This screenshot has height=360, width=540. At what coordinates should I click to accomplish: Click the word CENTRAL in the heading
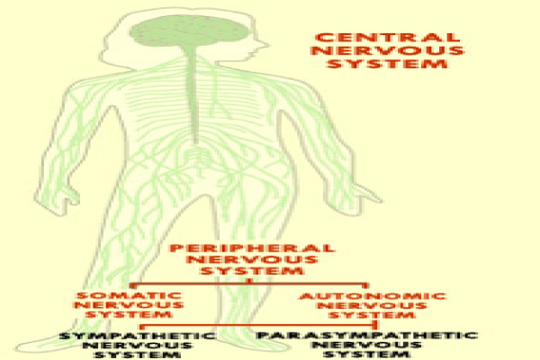pyautogui.click(x=388, y=38)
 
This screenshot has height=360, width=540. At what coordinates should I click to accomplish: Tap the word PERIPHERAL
pyautogui.click(x=252, y=248)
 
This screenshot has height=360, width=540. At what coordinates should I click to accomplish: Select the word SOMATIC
pyautogui.click(x=129, y=295)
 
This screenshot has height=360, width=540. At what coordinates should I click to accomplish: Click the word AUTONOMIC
pyautogui.click(x=373, y=296)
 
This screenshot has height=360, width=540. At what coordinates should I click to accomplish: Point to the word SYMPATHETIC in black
pyautogui.click(x=138, y=336)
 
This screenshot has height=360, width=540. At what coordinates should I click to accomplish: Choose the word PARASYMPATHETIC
pyautogui.click(x=367, y=335)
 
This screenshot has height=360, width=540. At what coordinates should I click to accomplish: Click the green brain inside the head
pyautogui.click(x=189, y=31)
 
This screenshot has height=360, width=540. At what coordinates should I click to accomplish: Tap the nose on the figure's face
pyautogui.click(x=263, y=45)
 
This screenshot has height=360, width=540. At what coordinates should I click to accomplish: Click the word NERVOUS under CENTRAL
pyautogui.click(x=388, y=50)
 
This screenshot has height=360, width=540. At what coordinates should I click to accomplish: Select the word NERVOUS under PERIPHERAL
pyautogui.click(x=252, y=259)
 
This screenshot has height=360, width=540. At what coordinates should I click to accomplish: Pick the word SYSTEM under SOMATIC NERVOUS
pyautogui.click(x=129, y=314)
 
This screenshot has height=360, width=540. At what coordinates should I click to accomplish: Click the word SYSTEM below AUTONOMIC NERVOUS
pyautogui.click(x=372, y=315)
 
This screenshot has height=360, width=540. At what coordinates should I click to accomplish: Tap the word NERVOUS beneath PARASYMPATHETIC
pyautogui.click(x=367, y=345)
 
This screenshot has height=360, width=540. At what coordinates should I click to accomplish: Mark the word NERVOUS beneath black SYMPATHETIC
pyautogui.click(x=138, y=346)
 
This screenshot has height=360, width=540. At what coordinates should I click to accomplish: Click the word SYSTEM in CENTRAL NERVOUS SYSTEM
pyautogui.click(x=388, y=64)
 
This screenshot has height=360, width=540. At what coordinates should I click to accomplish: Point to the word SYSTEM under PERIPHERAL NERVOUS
pyautogui.click(x=252, y=271)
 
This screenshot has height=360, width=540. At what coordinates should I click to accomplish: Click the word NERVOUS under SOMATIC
pyautogui.click(x=129, y=305)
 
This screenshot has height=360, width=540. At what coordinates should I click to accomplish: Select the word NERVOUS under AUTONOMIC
pyautogui.click(x=372, y=306)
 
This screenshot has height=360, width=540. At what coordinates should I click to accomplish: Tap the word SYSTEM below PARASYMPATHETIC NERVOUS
pyautogui.click(x=367, y=354)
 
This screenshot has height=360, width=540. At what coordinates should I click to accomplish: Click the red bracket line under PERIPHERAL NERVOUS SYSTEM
pyautogui.click(x=249, y=284)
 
